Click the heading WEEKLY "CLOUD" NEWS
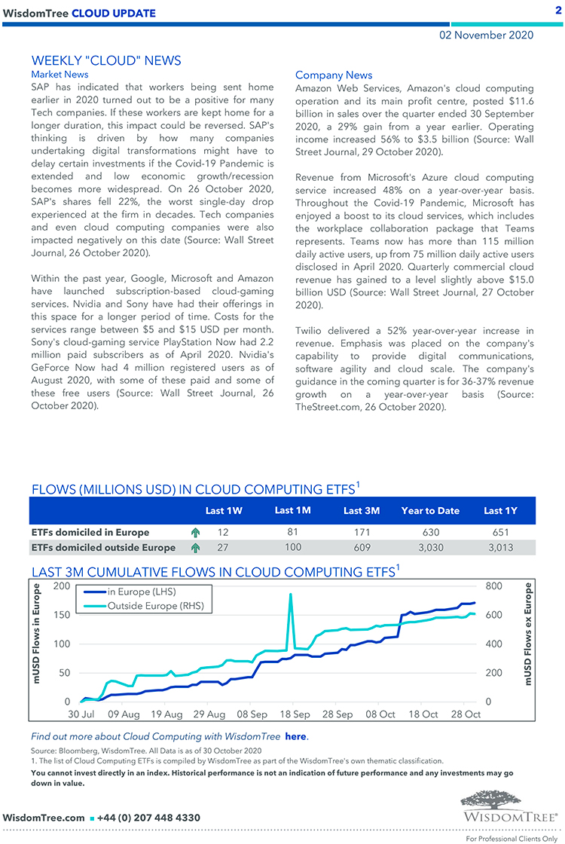click(x=106, y=60)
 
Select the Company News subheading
click(x=334, y=75)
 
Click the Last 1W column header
click(x=224, y=510)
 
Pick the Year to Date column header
click(x=430, y=510)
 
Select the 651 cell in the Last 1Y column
click(x=501, y=532)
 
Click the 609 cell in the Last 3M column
click(x=362, y=547)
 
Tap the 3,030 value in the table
click(x=430, y=547)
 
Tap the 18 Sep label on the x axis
click(x=295, y=714)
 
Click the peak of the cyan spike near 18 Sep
click(x=290, y=595)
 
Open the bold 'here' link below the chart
click(x=296, y=736)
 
